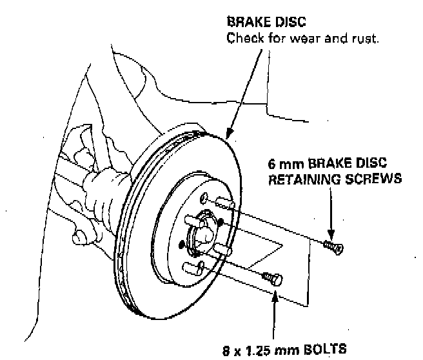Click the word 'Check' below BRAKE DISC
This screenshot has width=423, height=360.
point(244,39)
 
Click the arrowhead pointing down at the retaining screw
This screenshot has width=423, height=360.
point(331,235)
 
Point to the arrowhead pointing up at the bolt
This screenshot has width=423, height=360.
point(276,294)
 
